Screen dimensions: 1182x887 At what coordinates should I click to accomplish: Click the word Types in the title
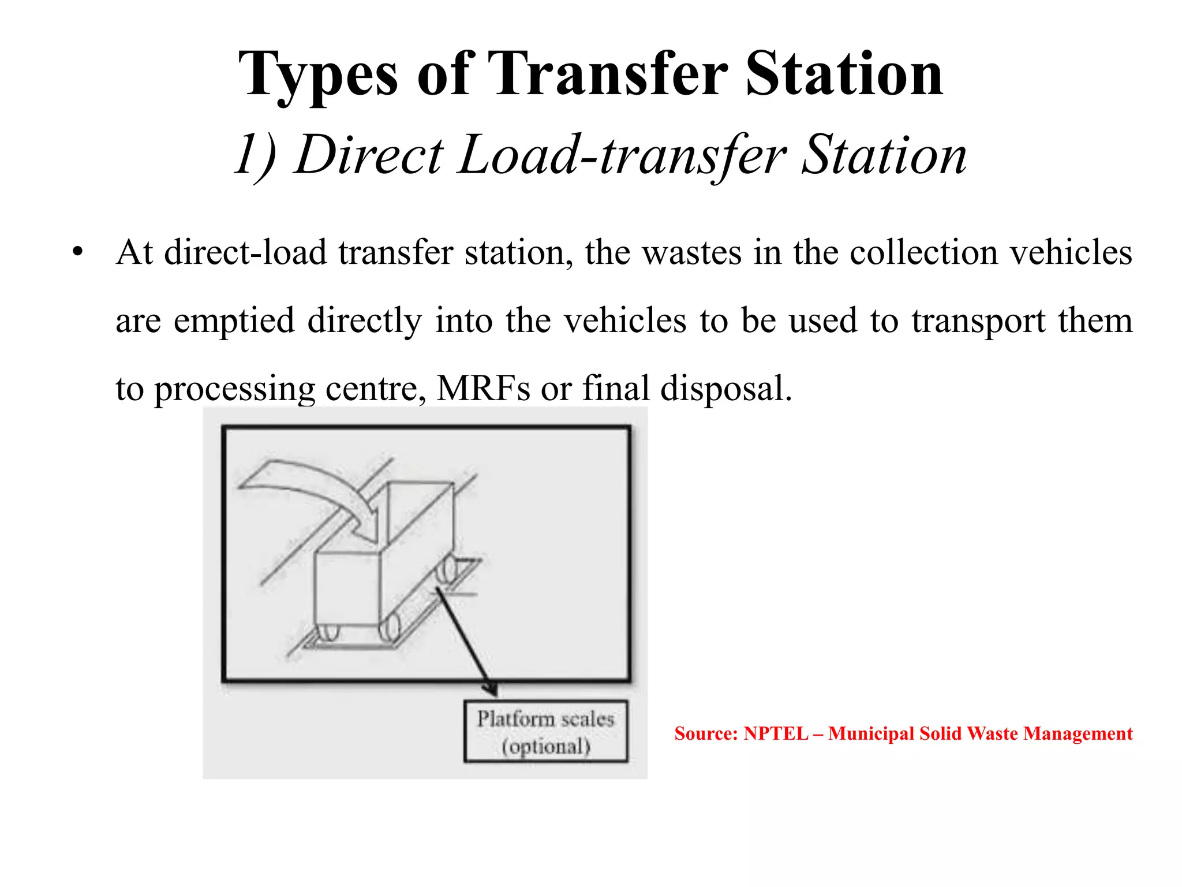tap(318, 75)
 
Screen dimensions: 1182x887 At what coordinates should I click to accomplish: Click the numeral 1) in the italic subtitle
tap(257, 155)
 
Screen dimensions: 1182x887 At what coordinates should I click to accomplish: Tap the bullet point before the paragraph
tap(78, 252)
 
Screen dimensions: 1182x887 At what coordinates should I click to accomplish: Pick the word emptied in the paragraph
tap(234, 321)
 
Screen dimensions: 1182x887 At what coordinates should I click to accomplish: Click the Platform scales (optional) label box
tap(545, 732)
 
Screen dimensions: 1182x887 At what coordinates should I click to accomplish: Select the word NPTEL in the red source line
tap(776, 733)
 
